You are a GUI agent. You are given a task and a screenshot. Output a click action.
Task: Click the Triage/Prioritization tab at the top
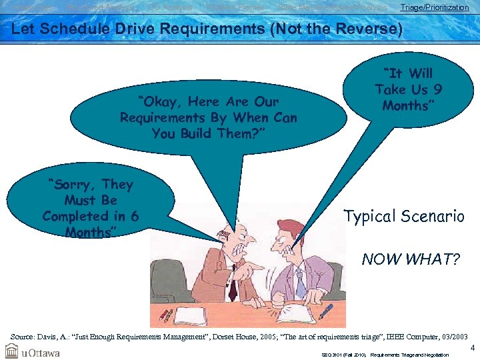point(434,7)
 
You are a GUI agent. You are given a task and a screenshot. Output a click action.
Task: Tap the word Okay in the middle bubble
point(159,102)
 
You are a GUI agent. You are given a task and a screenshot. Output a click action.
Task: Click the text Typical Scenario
point(403,216)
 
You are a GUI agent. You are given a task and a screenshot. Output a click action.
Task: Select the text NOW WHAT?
point(411,259)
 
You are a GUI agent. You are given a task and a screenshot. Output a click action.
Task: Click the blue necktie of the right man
point(300,284)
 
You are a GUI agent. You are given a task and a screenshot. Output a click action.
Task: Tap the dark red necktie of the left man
point(232,287)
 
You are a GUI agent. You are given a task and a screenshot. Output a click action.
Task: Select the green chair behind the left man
point(166,280)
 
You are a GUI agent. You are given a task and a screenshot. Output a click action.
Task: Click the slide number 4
point(472,347)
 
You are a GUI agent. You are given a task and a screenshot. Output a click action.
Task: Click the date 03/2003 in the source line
point(449,338)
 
